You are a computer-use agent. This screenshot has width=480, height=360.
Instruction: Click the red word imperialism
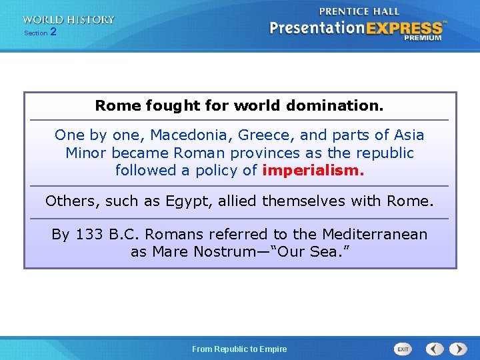[313, 170]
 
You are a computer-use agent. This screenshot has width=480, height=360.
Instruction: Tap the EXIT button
[403, 349]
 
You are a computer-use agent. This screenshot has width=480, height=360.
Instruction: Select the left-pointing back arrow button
[435, 349]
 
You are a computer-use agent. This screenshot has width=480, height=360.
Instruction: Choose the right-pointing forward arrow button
[458, 349]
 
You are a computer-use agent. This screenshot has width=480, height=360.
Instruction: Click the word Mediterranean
[375, 235]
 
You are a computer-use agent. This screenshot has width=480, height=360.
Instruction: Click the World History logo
[68, 20]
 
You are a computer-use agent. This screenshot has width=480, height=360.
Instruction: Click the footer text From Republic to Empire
[239, 349]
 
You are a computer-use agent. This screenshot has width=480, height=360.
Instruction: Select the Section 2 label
[40, 32]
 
